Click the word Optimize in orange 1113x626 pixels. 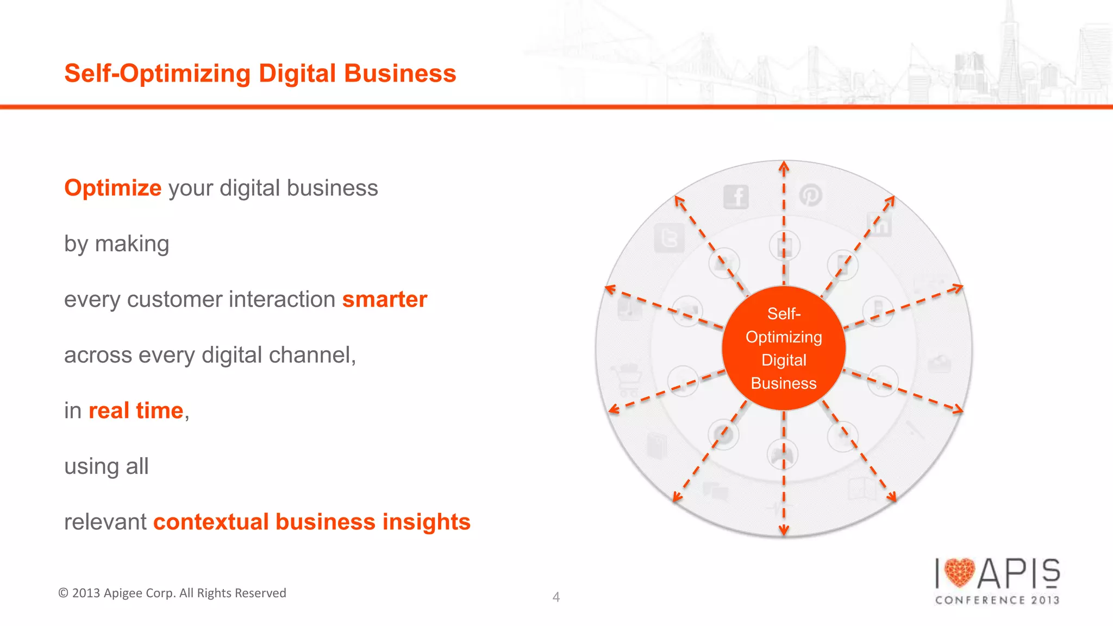112,188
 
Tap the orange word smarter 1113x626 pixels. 384,299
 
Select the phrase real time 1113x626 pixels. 136,410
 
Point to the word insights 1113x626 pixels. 426,522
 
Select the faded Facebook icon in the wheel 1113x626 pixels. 736,197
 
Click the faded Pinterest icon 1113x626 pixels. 810,195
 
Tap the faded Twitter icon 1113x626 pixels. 668,238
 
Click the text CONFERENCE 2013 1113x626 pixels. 997,600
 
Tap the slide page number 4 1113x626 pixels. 556,597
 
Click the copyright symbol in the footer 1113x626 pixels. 63,593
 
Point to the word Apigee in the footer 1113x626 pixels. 123,593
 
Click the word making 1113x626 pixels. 132,244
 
